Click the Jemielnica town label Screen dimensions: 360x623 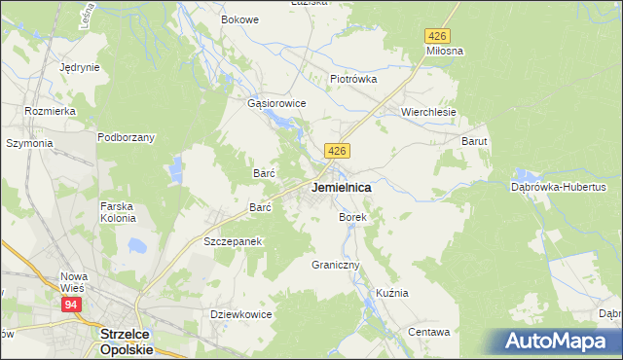coord(340,186)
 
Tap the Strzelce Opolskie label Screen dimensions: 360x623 coord(126,340)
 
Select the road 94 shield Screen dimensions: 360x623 coord(71,305)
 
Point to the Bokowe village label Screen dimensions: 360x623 coord(239,19)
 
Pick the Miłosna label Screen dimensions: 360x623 coord(444,50)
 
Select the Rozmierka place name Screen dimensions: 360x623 coord(51,111)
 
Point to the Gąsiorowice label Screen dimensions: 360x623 coord(277,103)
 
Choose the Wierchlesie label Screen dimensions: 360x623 coord(429,112)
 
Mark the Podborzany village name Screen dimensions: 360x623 coord(126,137)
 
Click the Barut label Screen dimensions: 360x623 coord(474,141)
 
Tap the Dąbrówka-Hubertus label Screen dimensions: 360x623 coord(559,186)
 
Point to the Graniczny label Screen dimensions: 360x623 coord(336,265)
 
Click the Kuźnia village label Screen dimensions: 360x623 coord(392,293)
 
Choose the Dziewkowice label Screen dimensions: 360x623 coord(240,314)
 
